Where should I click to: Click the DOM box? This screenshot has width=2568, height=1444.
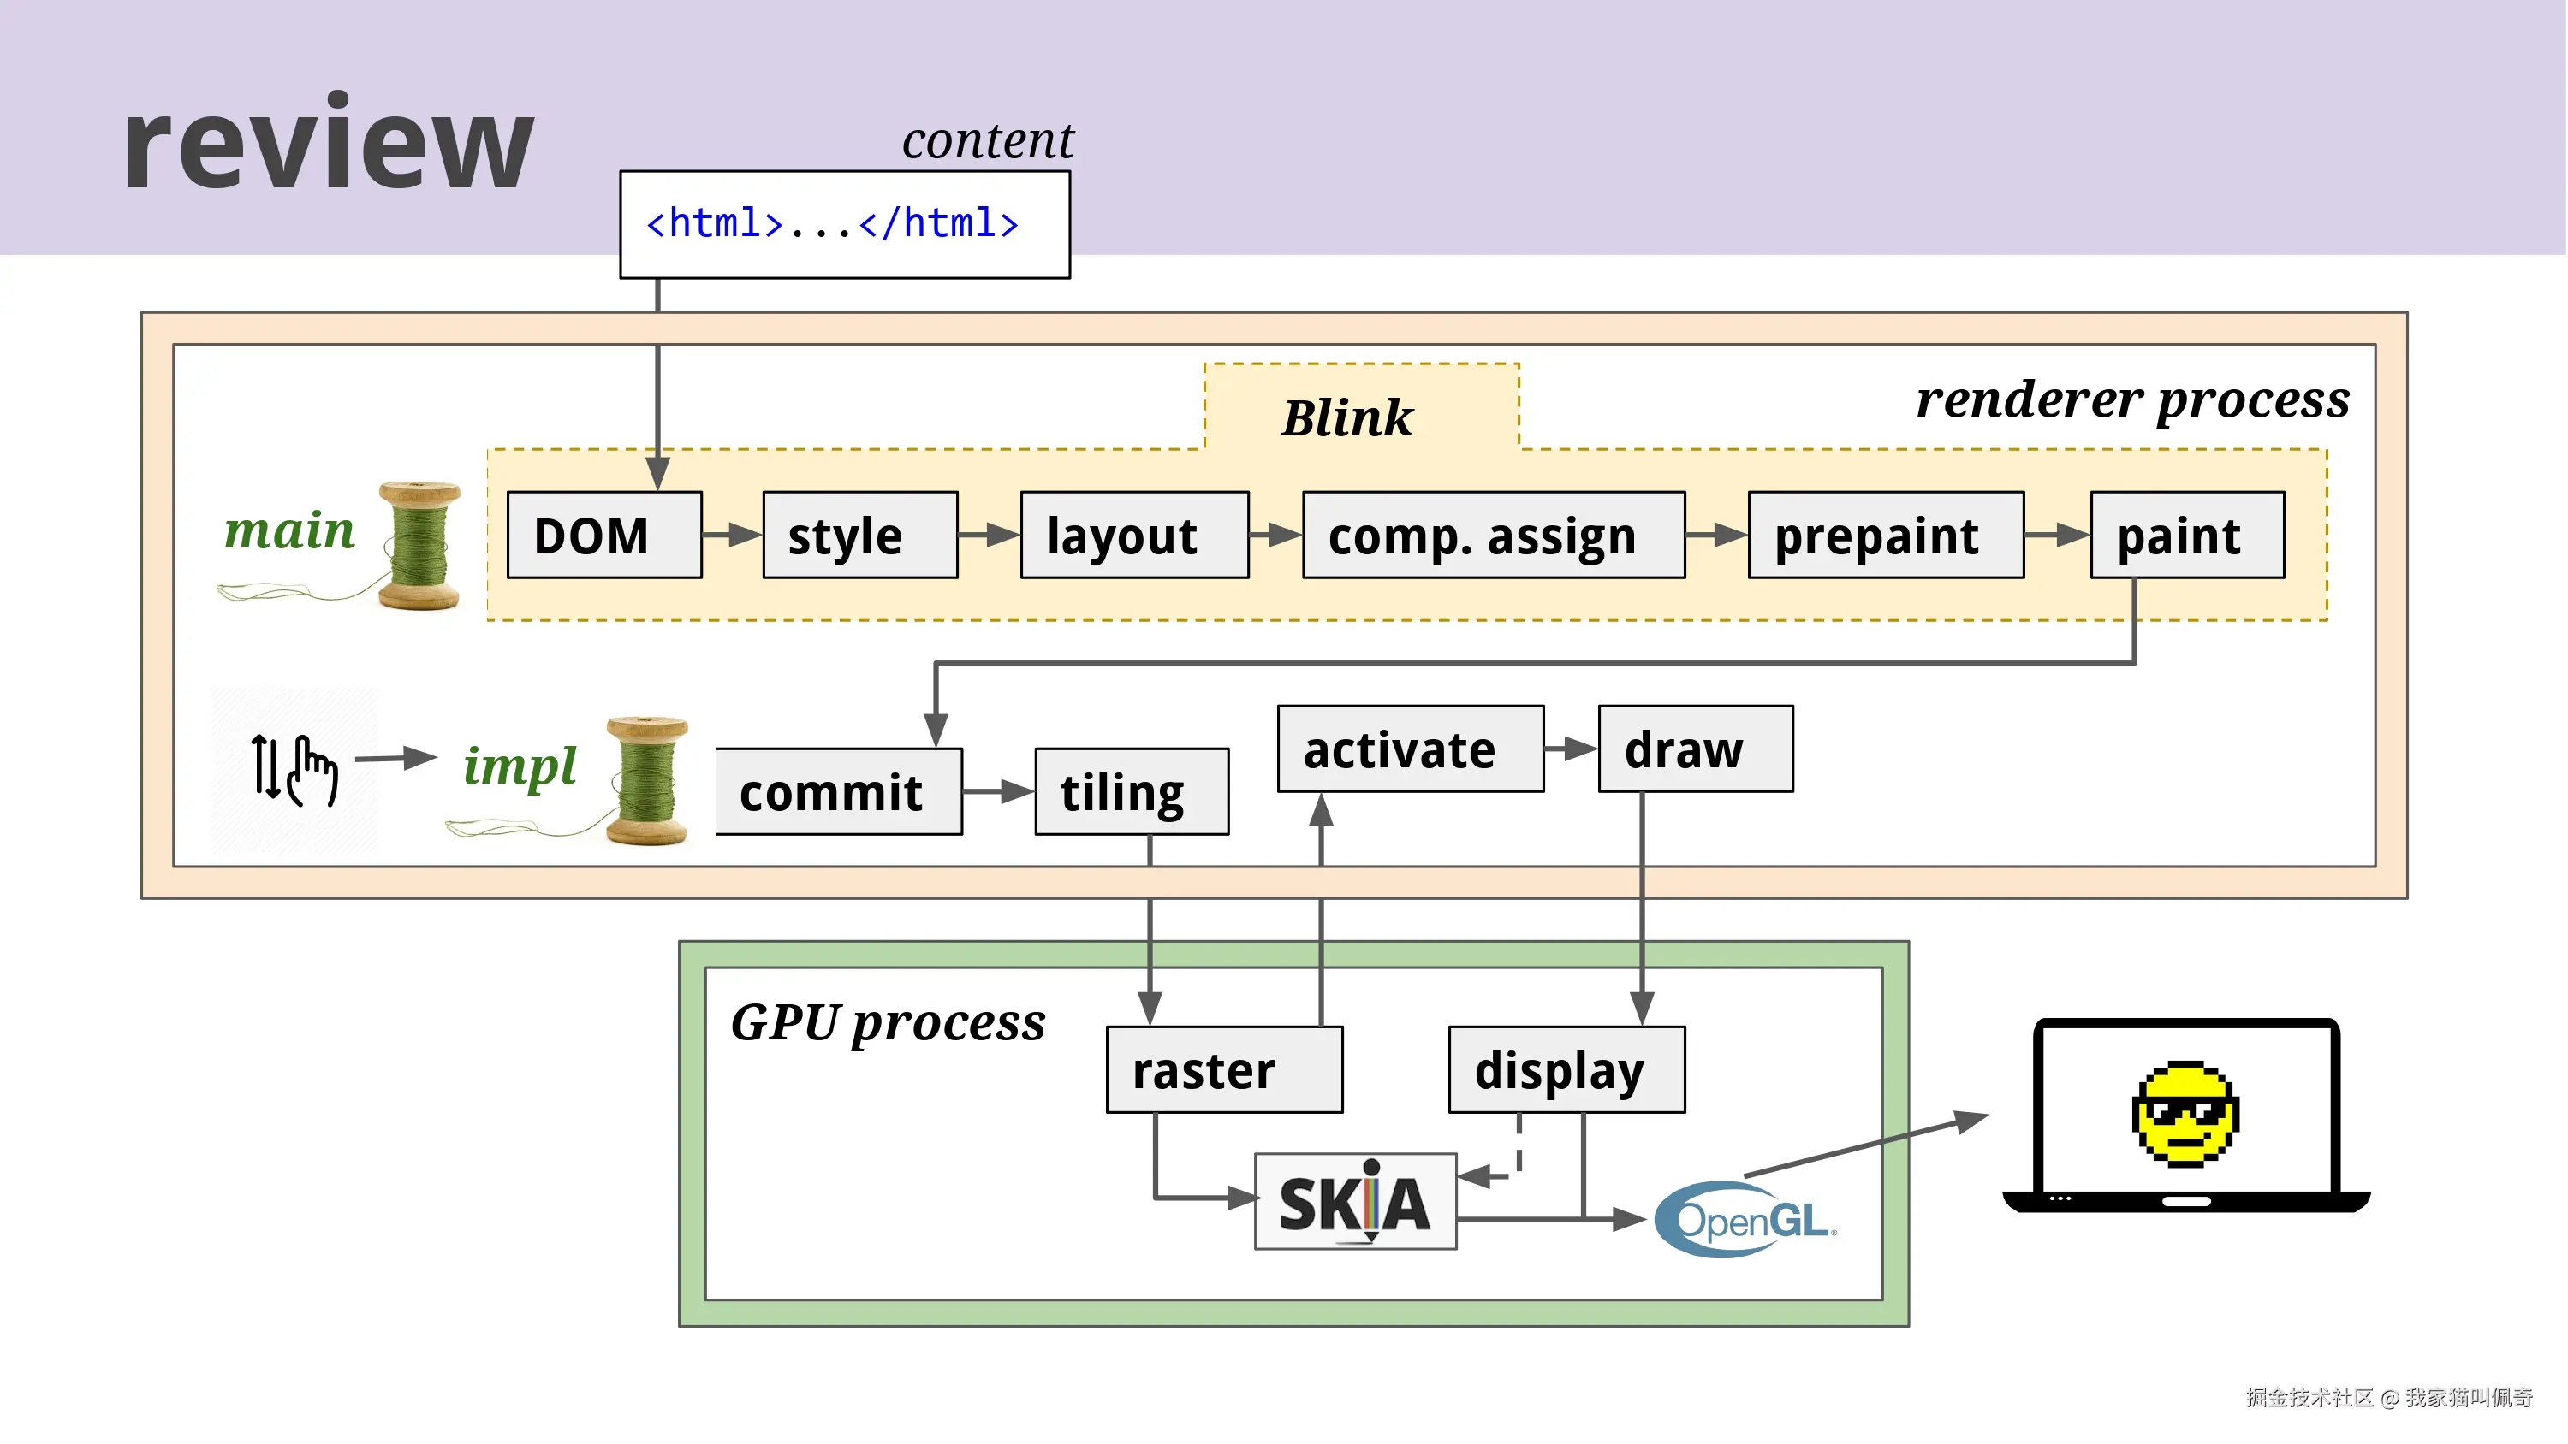pos(604,536)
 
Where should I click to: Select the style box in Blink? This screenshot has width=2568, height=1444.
pos(859,536)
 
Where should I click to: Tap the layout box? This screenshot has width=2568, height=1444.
pos(1134,536)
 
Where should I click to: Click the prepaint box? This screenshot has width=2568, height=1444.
pos(1885,536)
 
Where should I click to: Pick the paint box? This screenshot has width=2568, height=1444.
pos(2187,536)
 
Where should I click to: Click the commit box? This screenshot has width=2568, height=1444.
pos(838,792)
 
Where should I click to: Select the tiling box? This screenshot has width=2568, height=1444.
pos(1132,792)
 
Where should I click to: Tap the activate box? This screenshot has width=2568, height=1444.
pos(1410,749)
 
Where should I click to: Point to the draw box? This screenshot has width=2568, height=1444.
pos(1695,749)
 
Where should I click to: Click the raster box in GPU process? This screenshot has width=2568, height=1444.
pos(1224,1070)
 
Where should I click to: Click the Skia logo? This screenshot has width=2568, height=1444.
pos(1355,1202)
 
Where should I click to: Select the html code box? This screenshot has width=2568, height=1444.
pos(844,224)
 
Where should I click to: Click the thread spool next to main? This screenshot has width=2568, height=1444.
pos(420,545)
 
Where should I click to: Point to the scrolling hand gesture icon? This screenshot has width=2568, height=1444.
pos(295,769)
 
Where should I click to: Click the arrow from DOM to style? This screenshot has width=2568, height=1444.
pos(732,536)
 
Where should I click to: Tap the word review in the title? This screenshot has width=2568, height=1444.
pos(329,145)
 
